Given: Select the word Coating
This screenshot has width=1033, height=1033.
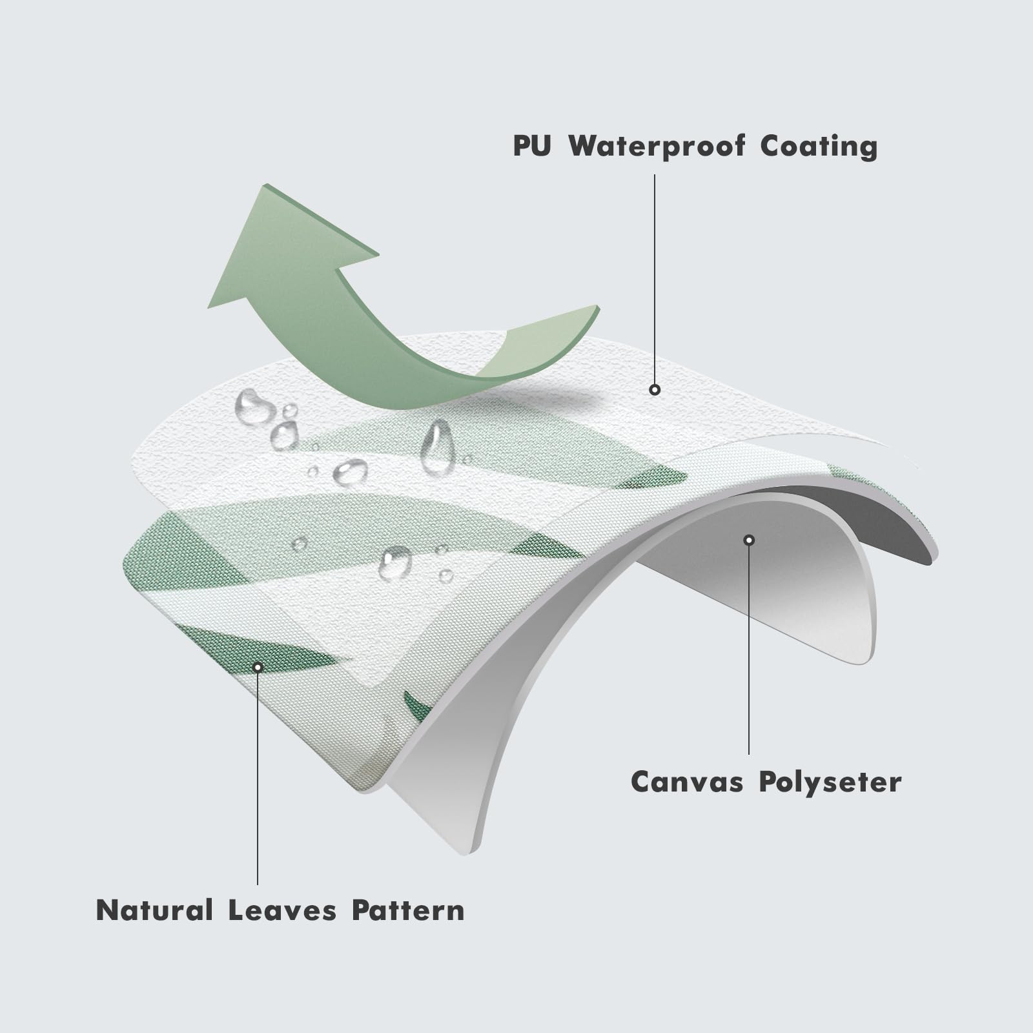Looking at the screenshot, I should coord(819,147).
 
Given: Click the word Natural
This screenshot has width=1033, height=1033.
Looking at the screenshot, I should coord(154,910).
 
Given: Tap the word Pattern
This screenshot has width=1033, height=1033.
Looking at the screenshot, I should coord(408,910).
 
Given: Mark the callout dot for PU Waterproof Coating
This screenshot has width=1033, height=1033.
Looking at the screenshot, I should coord(655,389).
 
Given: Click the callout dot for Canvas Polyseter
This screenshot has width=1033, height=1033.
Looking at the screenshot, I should coord(749,540).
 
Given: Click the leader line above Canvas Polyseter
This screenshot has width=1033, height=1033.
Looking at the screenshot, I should coord(749,646).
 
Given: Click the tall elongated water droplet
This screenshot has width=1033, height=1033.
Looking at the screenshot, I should coord(437,447).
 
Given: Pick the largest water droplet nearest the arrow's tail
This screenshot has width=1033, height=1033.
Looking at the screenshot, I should coord(254,407).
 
